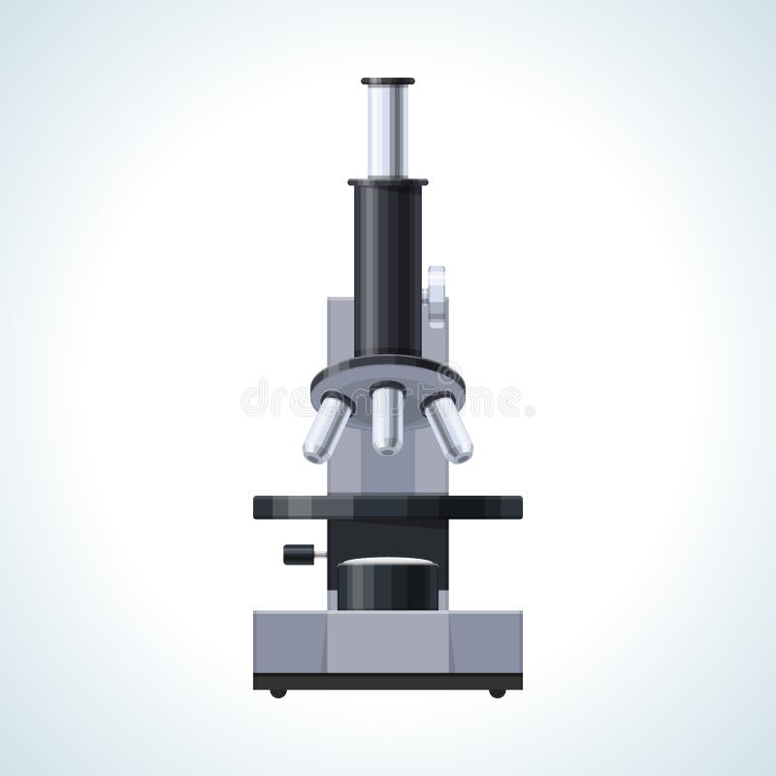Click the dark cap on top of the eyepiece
388,81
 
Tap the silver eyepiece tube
388,131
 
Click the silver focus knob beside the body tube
436,296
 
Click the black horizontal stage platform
388,507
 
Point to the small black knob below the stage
300,554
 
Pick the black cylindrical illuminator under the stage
388,587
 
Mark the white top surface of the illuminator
388,563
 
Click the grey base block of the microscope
388,641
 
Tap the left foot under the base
278,693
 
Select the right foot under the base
498,693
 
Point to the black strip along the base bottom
388,681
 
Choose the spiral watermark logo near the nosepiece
448,374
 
